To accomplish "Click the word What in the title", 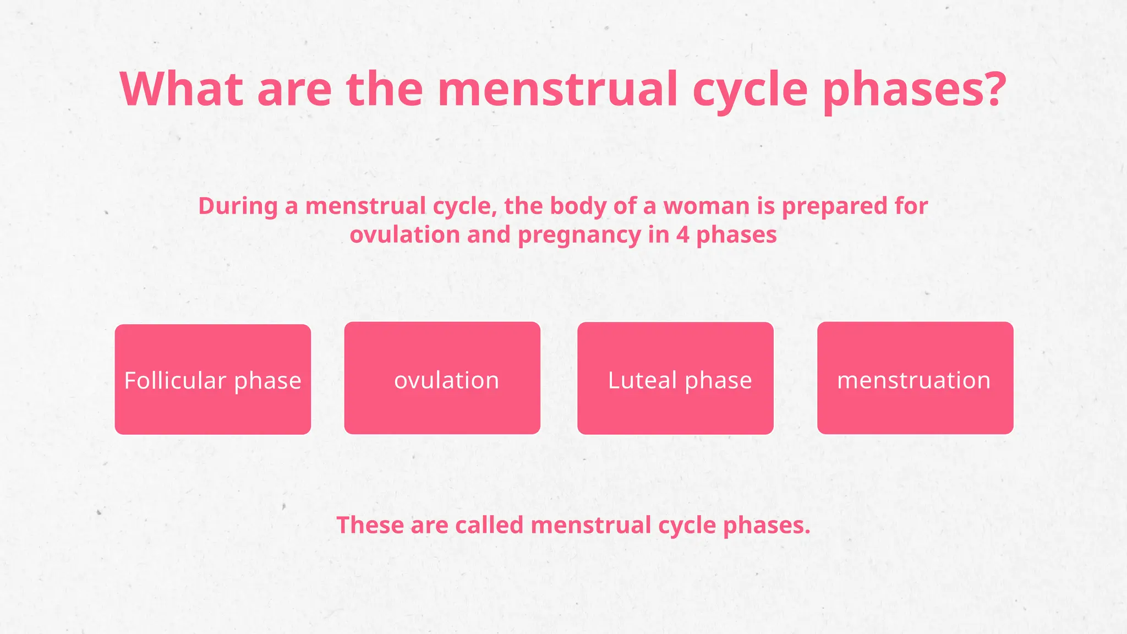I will click(181, 89).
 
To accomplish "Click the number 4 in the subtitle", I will click(682, 235).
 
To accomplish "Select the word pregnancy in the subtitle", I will click(579, 236).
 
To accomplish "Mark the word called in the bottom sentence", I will click(489, 525).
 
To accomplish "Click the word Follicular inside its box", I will click(175, 381).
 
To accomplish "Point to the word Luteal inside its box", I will click(642, 380).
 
